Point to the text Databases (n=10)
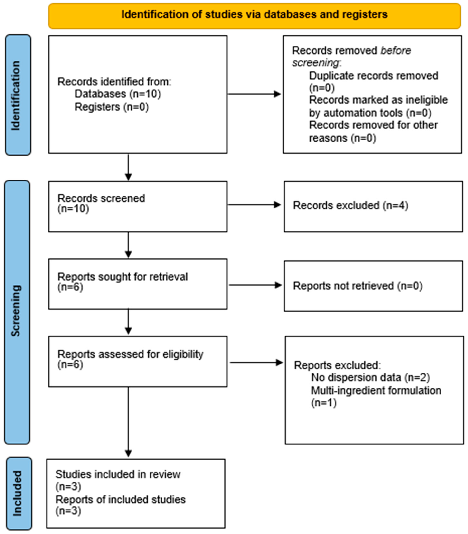[x=118, y=94]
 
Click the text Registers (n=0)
[x=112, y=107]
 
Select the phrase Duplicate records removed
[x=373, y=76]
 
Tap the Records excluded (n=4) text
[x=350, y=206]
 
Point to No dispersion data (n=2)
[x=370, y=377]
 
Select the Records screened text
[x=101, y=198]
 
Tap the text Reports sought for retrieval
[x=123, y=277]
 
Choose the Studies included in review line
[x=118, y=474]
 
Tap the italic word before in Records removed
[x=396, y=50]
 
